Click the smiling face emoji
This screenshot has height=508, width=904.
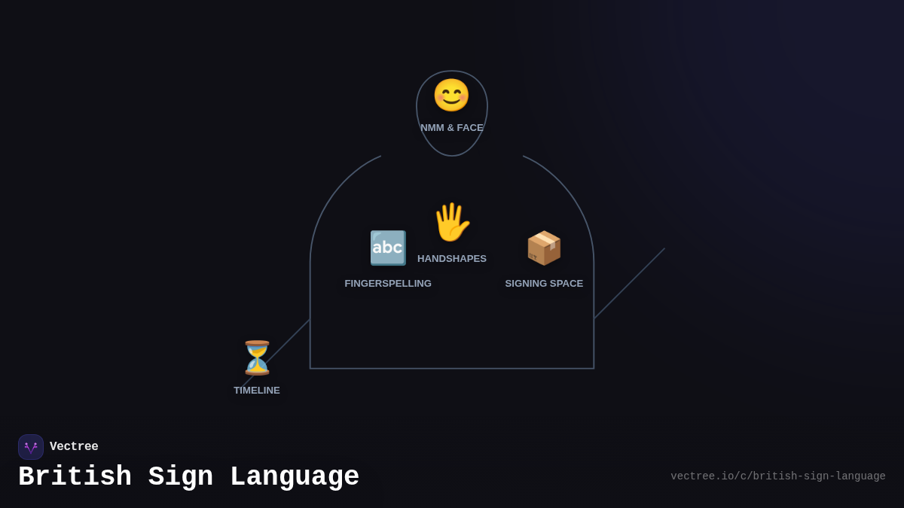pyautogui.click(x=451, y=96)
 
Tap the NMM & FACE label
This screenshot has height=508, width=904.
pyautogui.click(x=452, y=128)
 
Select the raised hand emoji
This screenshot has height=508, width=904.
pyautogui.click(x=451, y=223)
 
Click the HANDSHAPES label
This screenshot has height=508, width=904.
pyautogui.click(x=452, y=259)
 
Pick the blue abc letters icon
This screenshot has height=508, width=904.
pyautogui.click(x=388, y=248)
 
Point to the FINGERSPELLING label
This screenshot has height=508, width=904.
pyautogui.click(x=388, y=284)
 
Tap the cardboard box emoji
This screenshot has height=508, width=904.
pyautogui.click(x=544, y=248)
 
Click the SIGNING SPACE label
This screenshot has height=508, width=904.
pyautogui.click(x=544, y=284)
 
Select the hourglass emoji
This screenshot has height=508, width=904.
pyautogui.click(x=257, y=358)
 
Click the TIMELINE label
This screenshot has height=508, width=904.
pyautogui.click(x=257, y=391)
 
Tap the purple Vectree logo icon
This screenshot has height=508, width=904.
pyautogui.click(x=31, y=447)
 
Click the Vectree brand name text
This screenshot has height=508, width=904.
pyautogui.click(x=74, y=447)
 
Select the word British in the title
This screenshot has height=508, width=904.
pyautogui.click(x=75, y=477)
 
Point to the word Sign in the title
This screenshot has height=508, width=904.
pyautogui.click(x=180, y=477)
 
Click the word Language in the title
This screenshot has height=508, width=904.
pyautogui.click(x=295, y=477)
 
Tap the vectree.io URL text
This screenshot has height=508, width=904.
pyautogui.click(x=777, y=476)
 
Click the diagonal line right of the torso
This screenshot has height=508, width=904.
pyautogui.click(x=630, y=283)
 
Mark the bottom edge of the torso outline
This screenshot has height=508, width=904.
pyautogui.click(x=452, y=368)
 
